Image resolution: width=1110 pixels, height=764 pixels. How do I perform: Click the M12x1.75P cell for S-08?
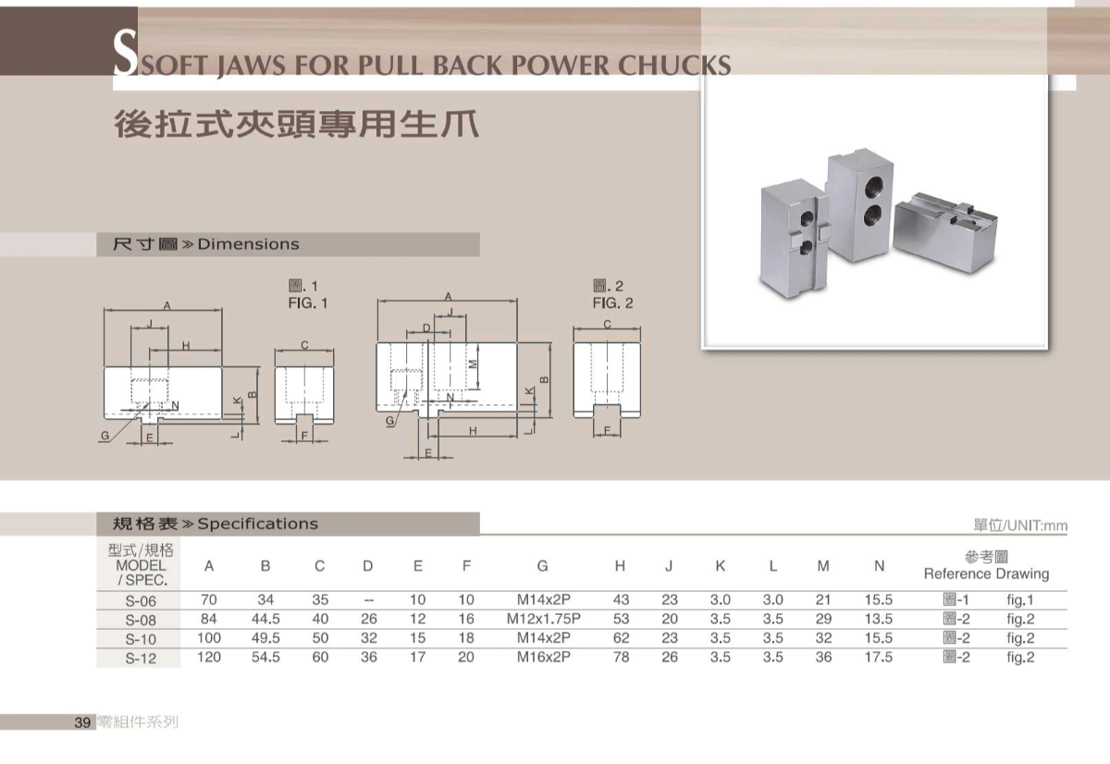(543, 619)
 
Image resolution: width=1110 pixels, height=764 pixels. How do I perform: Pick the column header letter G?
(542, 566)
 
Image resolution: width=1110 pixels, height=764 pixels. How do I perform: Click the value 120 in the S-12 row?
(210, 658)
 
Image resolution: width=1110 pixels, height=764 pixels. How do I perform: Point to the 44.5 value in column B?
(265, 619)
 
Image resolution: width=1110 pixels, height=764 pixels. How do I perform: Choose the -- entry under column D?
(368, 600)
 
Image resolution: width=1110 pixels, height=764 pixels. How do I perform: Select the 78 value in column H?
(621, 658)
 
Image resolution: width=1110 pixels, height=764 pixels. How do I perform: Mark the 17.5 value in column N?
(879, 658)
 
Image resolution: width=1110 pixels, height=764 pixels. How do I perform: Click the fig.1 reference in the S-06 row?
(1020, 600)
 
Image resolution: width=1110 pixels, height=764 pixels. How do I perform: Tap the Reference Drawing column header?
(986, 573)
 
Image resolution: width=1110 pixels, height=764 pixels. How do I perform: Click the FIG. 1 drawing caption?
(308, 302)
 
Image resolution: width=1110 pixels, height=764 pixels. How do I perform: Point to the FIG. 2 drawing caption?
(613, 302)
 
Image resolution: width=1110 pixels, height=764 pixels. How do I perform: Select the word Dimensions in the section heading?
(249, 244)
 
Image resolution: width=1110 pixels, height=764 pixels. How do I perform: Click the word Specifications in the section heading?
(258, 524)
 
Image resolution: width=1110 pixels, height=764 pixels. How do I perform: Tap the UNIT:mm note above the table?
(1035, 526)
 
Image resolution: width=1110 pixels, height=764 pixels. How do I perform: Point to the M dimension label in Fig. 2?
(472, 364)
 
